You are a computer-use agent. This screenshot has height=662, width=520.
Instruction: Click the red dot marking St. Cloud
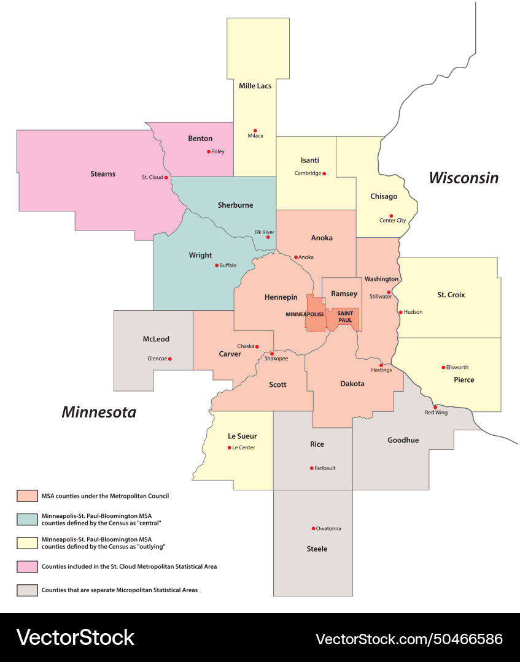tap(166, 177)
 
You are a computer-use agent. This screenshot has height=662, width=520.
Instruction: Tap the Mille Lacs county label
tap(255, 86)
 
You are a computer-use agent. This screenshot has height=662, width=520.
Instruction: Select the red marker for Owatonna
tap(313, 528)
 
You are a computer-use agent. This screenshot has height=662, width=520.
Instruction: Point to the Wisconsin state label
tap(464, 178)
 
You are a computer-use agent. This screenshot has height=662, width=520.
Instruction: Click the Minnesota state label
tap(98, 412)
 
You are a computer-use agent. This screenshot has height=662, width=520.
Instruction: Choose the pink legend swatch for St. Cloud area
tap(26, 566)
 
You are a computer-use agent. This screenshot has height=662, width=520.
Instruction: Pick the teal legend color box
tap(26, 519)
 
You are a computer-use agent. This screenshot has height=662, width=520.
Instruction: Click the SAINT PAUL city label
tap(345, 316)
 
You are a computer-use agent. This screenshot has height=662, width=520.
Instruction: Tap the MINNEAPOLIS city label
tap(305, 314)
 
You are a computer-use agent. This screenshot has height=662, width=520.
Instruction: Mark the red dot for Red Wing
tap(435, 407)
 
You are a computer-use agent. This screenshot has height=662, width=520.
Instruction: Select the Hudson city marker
tap(401, 312)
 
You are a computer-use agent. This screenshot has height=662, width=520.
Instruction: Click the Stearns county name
tap(103, 174)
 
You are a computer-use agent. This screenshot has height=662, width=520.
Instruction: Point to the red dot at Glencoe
tap(170, 359)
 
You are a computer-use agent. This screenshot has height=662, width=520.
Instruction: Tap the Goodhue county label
tap(403, 440)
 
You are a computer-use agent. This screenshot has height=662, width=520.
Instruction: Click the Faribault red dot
tap(311, 468)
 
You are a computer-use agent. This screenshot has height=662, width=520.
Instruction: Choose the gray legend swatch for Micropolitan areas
tap(26, 590)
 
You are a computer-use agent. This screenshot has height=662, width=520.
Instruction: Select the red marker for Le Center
tap(228, 447)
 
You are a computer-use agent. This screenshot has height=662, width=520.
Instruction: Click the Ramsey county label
tap(344, 294)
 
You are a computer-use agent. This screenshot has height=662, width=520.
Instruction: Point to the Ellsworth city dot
tap(443, 367)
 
